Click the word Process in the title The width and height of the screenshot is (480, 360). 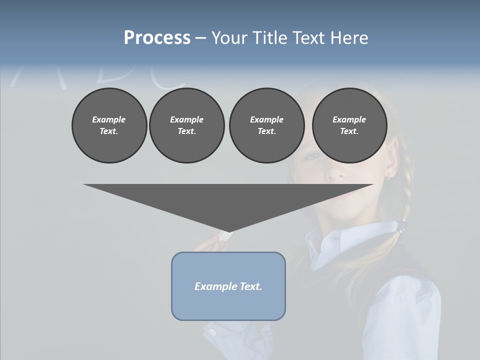click(157, 37)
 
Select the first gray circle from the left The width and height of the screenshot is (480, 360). click(109, 125)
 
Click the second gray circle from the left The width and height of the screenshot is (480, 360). click(187, 125)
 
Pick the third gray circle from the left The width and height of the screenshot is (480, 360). click(267, 125)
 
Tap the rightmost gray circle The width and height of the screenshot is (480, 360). click(349, 125)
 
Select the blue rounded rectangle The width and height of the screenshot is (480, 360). click(228, 286)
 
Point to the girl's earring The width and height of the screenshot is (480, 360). click(388, 176)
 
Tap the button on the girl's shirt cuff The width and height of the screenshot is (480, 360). click(212, 332)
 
